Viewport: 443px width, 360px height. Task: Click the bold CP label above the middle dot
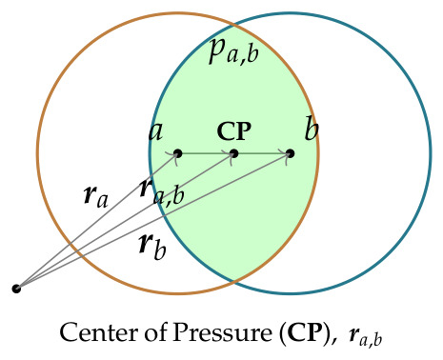[234, 130]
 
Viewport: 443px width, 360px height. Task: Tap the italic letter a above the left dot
[156, 131]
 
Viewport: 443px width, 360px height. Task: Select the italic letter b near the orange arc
[312, 128]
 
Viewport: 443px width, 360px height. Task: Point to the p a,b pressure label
[234, 51]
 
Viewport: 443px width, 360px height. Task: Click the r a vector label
[96, 196]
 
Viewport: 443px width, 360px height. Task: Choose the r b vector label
[152, 248]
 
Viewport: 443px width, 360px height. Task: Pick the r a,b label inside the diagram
[162, 191]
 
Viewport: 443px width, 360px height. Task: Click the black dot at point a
[177, 153]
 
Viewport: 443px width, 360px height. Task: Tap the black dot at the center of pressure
[233, 153]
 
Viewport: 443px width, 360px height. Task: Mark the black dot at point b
[290, 153]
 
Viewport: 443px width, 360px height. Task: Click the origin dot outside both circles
[16, 289]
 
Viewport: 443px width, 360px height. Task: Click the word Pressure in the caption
[222, 332]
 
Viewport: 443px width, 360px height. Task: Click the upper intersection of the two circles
[234, 25]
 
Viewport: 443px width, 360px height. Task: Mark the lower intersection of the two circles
[234, 281]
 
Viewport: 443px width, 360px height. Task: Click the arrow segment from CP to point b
[262, 153]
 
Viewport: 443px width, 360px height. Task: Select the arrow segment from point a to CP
[206, 153]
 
